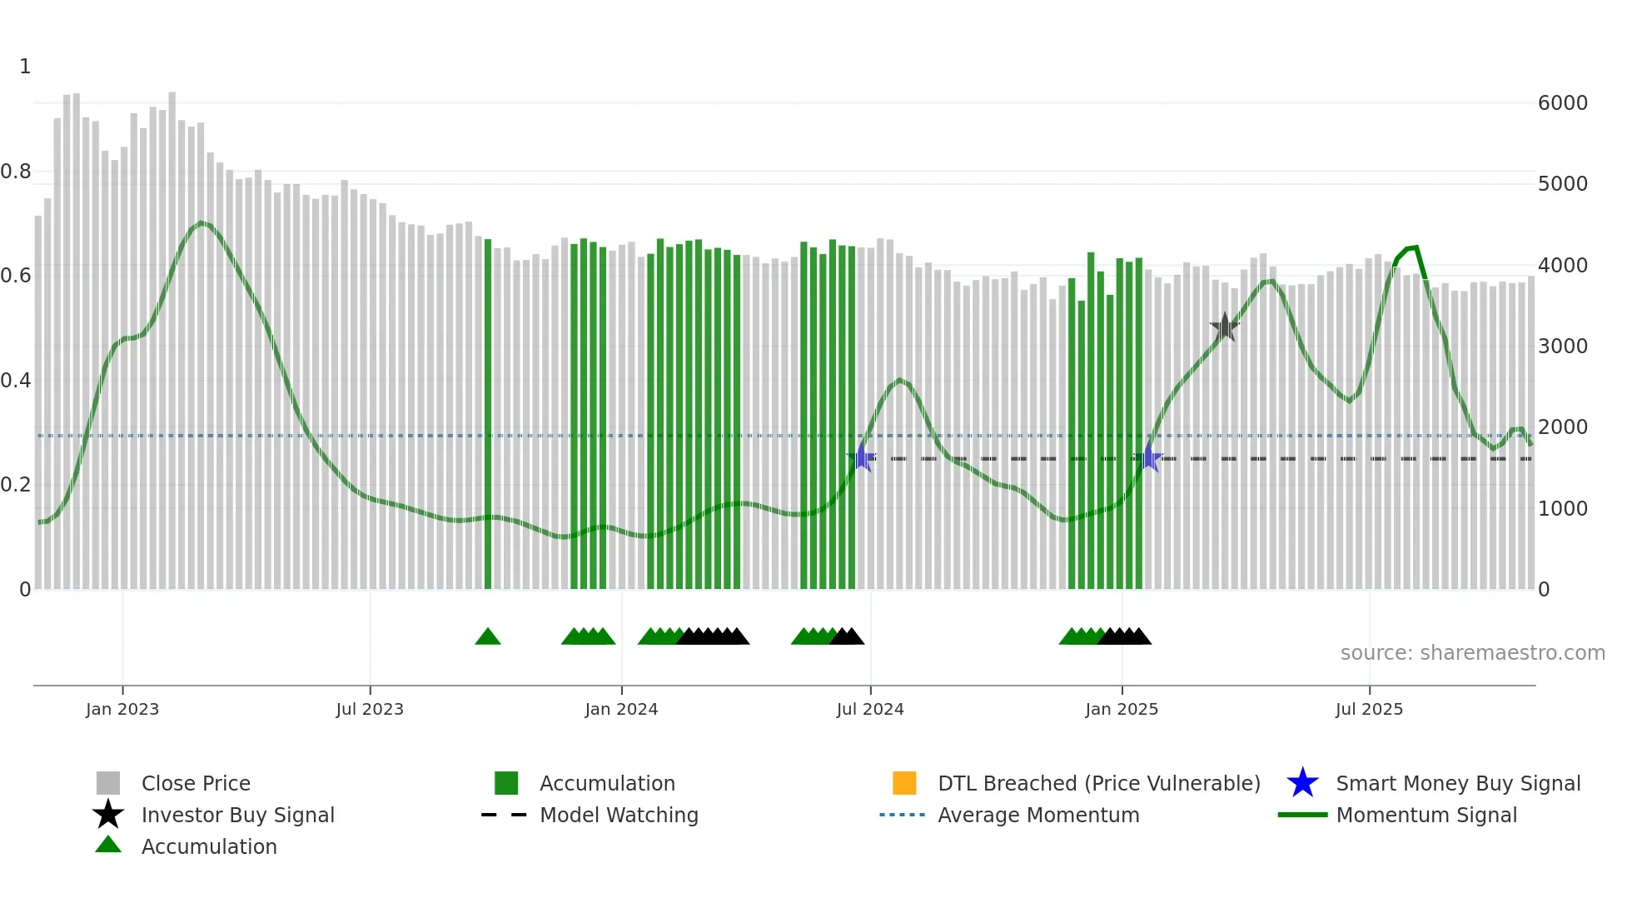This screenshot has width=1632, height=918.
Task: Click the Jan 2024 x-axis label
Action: point(621,709)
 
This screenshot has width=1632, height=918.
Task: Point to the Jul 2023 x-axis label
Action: point(370,709)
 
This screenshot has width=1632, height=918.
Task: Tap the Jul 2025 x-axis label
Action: point(1369,709)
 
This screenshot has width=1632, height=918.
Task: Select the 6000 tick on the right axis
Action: point(1562,103)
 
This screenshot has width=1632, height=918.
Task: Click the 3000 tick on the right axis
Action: point(1562,347)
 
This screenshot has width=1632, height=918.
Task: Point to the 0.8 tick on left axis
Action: point(16,172)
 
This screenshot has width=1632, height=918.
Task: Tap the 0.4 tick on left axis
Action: point(16,381)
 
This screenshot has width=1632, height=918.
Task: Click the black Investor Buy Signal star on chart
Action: point(1224,327)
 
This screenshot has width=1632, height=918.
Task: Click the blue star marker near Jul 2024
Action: point(862,457)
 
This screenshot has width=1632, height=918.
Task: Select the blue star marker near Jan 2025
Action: point(1149,457)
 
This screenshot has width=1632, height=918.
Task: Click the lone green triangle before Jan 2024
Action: point(488,637)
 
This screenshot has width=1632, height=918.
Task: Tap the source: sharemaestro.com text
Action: point(1472,653)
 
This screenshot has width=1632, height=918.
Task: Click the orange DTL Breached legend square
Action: point(904,783)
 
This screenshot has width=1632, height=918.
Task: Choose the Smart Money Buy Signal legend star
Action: point(1302,783)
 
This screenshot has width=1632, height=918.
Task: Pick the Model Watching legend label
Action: point(619,815)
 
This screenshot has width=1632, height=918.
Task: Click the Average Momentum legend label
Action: point(1038,815)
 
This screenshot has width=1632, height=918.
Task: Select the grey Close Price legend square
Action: point(108,783)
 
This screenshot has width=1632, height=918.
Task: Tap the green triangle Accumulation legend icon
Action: point(108,846)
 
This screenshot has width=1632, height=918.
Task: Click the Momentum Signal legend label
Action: point(1426,815)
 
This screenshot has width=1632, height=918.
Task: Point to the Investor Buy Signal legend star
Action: point(108,815)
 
